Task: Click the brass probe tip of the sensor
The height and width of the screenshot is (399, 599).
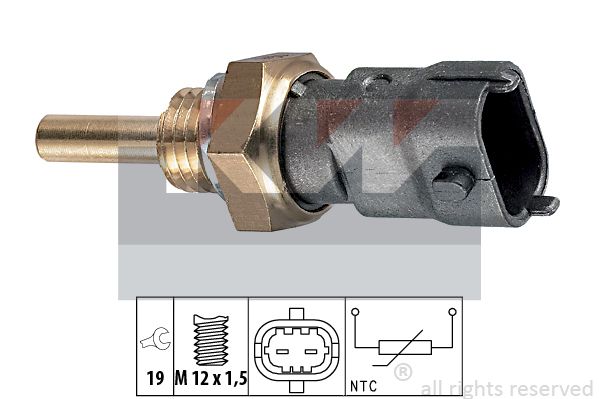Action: coord(97,138)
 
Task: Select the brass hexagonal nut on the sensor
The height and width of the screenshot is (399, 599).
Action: coord(267,141)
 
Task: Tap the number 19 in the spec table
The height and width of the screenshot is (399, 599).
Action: coord(155,378)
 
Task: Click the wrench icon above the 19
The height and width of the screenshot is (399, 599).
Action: coord(155,339)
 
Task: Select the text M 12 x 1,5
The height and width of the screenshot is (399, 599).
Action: coord(211,378)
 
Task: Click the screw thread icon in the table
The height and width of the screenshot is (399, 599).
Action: coord(211,339)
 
